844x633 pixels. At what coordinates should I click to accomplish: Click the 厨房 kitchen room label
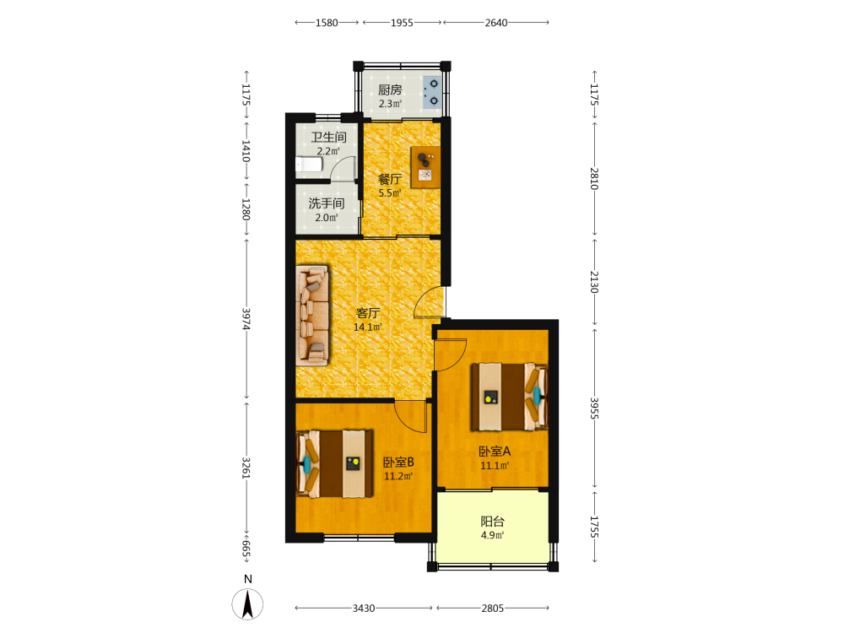pos(390,89)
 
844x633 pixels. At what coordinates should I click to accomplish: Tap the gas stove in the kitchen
pos(431,92)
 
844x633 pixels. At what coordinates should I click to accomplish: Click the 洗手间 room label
pos(326,203)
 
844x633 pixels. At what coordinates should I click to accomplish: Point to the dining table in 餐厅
pos(425,167)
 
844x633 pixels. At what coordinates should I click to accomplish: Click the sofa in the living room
pos(312,315)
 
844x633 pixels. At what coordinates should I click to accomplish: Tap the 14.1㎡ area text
pos(368,327)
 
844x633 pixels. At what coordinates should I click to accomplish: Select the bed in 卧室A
pos(509,398)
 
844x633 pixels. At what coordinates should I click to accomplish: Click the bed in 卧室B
pos(335,463)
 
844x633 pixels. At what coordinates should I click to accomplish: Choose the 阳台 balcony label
pos(492,521)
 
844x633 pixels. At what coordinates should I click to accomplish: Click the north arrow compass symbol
pos(247,603)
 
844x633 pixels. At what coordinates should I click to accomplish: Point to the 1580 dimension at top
pos(327,23)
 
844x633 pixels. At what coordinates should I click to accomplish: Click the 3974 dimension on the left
pos(246,319)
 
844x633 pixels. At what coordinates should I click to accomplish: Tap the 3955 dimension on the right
pos(594,408)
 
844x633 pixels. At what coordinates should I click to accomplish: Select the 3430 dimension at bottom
pos(364,609)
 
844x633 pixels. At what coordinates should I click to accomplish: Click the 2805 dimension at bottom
pos(493,609)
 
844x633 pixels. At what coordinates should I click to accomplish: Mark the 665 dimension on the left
pos(246,549)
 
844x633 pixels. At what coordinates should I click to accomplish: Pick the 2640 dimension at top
pos(495,23)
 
